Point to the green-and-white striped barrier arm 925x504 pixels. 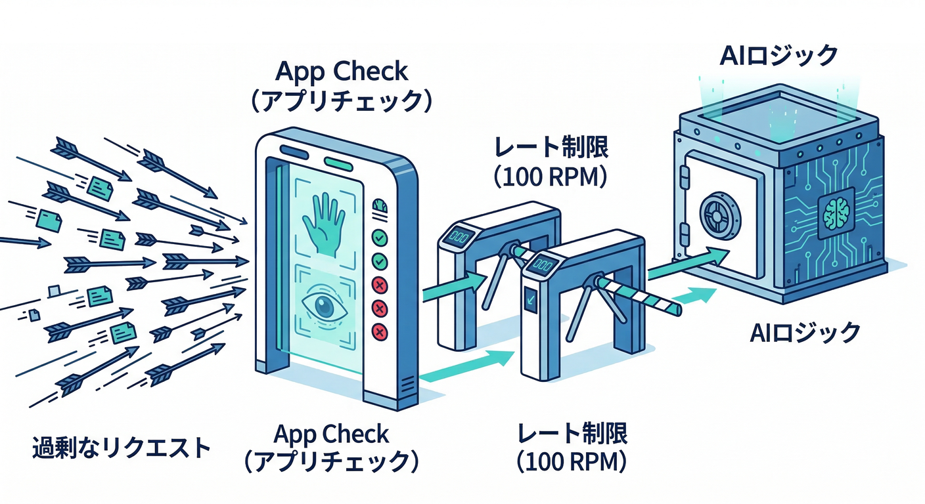tap(640, 295)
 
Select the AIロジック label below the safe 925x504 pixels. tap(805, 333)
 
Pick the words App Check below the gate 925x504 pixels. tap(331, 434)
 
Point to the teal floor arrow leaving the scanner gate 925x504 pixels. tap(466, 367)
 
